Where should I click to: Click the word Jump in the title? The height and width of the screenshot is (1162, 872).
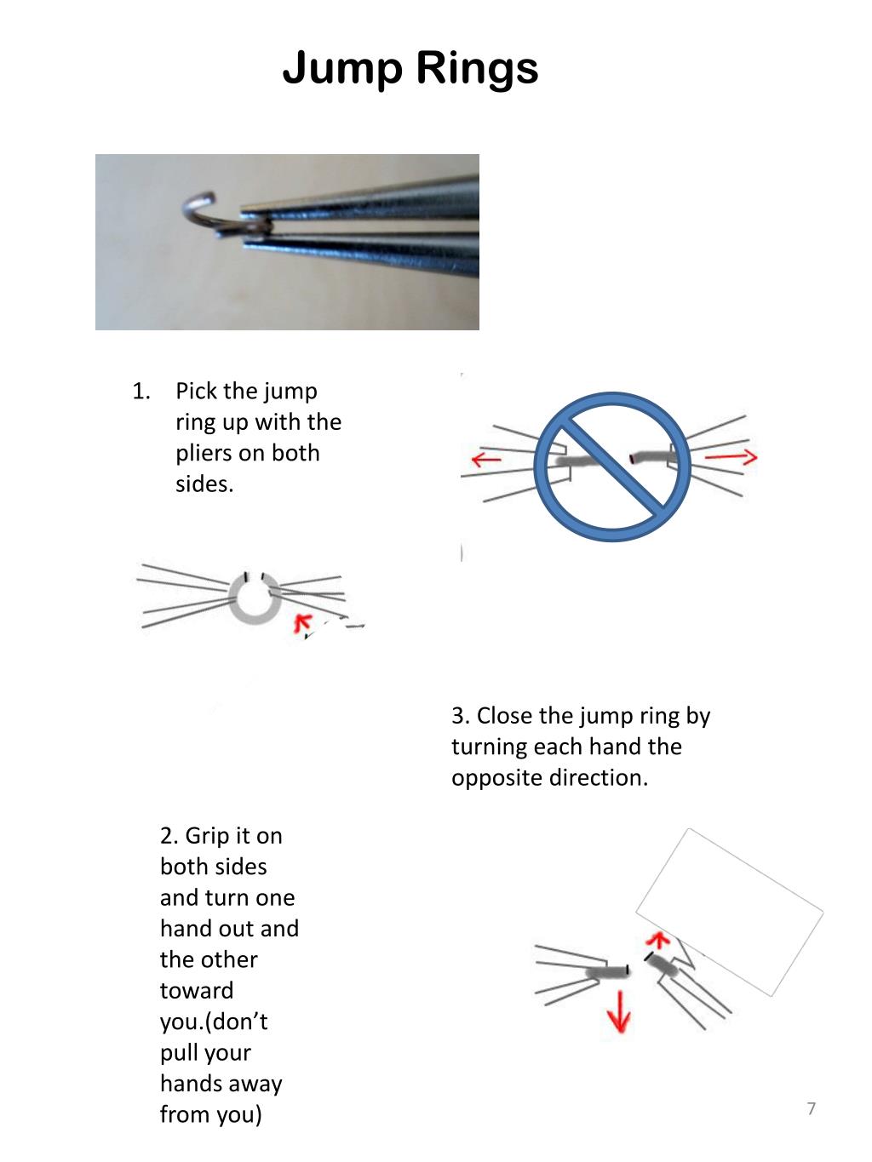[x=341, y=68]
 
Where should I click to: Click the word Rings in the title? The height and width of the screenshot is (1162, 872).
[x=477, y=68]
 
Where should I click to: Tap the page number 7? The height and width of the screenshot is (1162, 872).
[x=811, y=1108]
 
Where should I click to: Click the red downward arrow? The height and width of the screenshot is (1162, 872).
[x=619, y=1011]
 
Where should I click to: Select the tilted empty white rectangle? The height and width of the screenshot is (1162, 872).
[x=730, y=911]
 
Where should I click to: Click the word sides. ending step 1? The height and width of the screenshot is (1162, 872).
[x=204, y=484]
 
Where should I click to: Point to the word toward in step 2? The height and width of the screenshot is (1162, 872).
[x=196, y=991]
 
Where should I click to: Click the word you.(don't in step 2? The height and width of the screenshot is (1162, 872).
[x=214, y=1022]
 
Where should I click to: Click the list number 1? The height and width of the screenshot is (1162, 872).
[x=141, y=392]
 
